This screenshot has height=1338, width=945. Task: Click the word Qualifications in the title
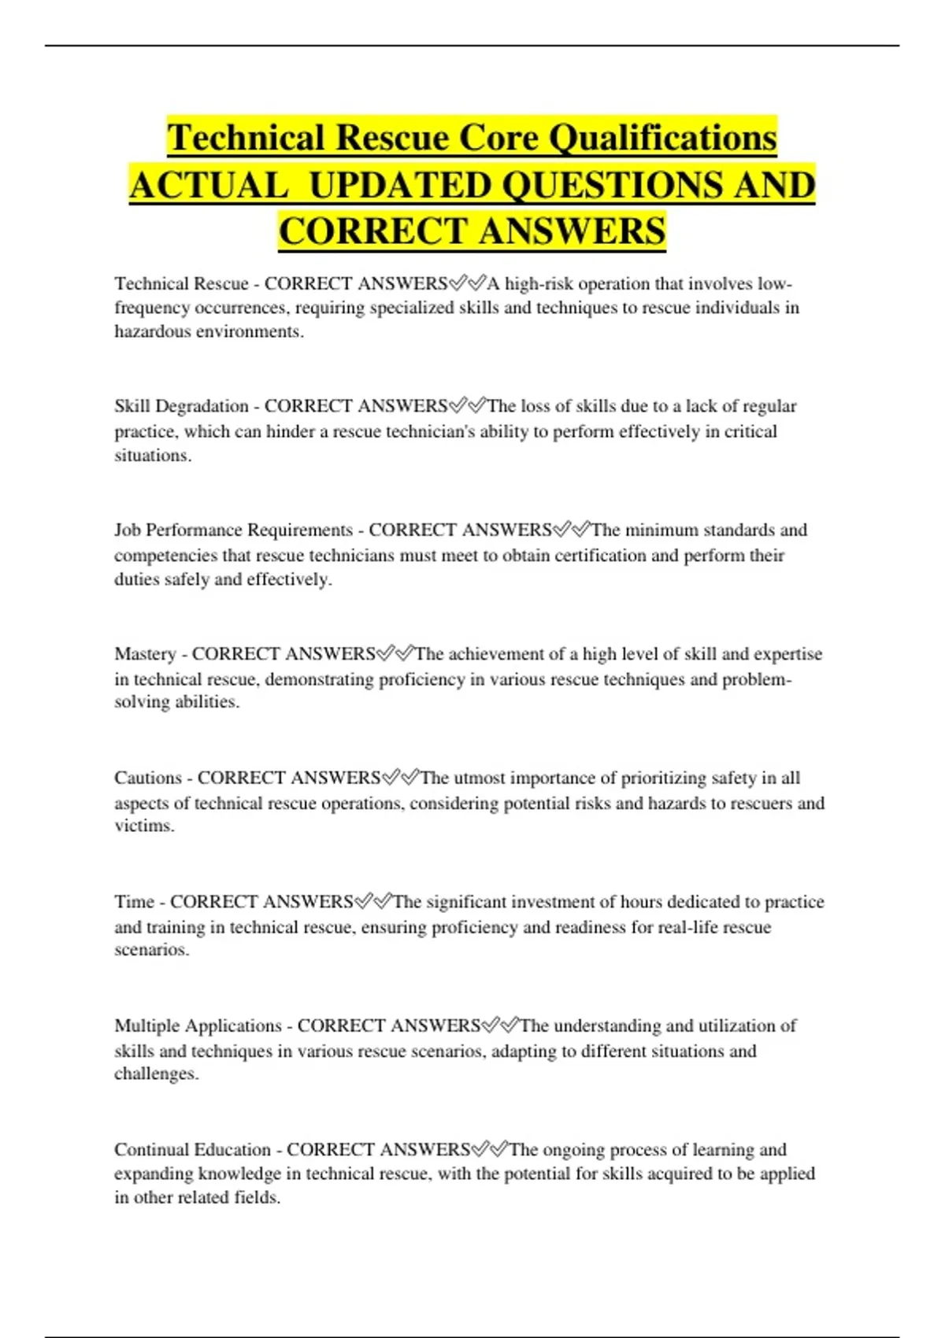662,139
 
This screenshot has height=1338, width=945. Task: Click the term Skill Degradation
181,406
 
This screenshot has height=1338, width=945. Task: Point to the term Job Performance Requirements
233,530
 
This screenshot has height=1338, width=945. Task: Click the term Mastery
145,654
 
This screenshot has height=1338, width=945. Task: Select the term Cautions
148,778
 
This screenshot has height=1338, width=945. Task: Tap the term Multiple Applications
198,1026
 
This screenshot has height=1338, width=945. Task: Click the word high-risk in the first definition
539,283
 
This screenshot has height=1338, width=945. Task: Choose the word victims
144,826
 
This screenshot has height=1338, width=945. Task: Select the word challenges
156,1074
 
